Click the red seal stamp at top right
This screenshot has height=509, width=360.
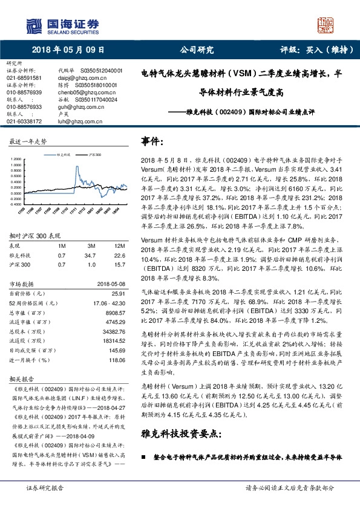coord(327,25)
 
